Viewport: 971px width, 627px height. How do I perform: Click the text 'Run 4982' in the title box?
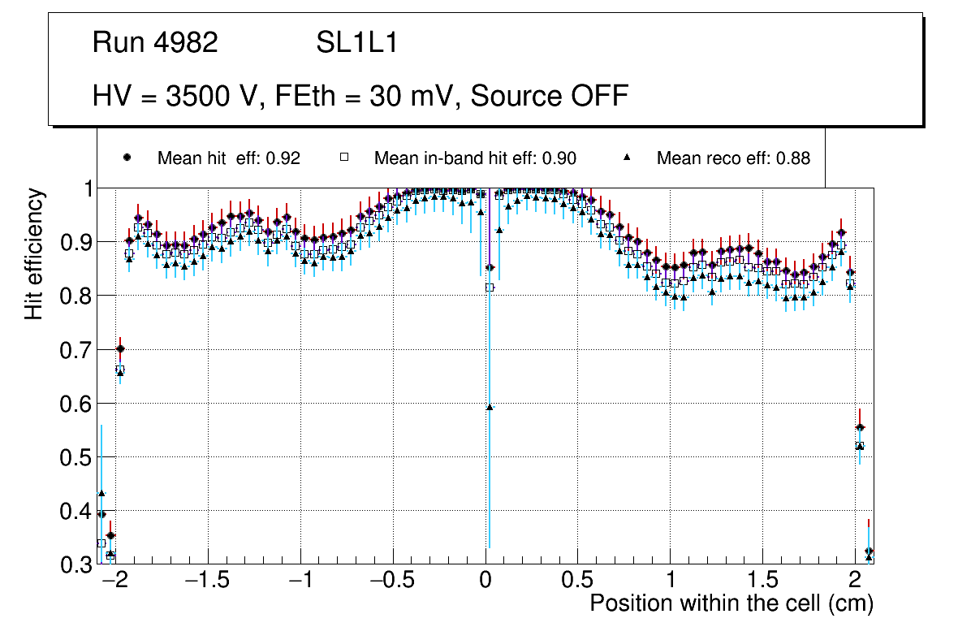click(x=155, y=43)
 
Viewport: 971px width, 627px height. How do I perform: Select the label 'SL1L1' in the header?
click(x=356, y=43)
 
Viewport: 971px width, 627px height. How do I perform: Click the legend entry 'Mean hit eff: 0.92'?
click(x=228, y=158)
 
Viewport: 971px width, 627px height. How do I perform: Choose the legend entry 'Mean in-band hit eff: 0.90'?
click(x=475, y=158)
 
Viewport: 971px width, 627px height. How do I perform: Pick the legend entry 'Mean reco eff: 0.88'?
click(x=732, y=158)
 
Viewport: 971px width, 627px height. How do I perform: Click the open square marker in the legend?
click(x=343, y=158)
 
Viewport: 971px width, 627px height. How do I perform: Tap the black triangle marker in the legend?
click(x=626, y=158)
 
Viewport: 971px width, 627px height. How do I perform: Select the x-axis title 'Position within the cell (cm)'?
click(x=731, y=603)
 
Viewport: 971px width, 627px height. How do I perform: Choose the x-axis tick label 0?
click(x=485, y=582)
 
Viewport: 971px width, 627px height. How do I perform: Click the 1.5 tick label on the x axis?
click(x=762, y=582)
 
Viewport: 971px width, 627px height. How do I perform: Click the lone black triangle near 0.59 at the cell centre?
click(x=490, y=407)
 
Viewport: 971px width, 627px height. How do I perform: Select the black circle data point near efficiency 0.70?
click(x=120, y=348)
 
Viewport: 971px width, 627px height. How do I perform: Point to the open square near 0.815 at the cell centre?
click(x=490, y=288)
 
